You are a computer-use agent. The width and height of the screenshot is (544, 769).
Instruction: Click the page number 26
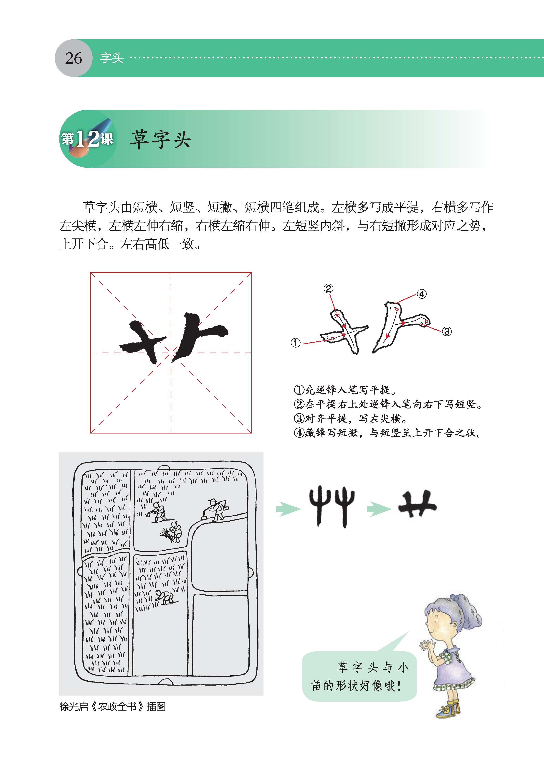coord(73,58)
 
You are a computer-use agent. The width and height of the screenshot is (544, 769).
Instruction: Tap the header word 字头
coord(112,58)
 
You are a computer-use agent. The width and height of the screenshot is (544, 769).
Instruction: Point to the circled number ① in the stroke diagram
coord(296,343)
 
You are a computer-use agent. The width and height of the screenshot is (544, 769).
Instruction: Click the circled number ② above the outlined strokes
coord(328,289)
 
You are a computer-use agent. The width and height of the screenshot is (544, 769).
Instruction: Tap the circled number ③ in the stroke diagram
coord(447,331)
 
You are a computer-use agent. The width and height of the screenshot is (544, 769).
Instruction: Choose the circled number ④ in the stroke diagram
coord(422,294)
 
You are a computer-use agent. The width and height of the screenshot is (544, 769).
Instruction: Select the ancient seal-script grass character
coord(331,506)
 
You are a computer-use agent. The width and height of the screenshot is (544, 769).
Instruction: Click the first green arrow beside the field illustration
coord(288,509)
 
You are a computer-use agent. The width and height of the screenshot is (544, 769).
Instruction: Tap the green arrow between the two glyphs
coord(379,509)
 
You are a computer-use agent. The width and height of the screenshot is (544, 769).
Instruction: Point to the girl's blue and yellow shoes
coord(449,709)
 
